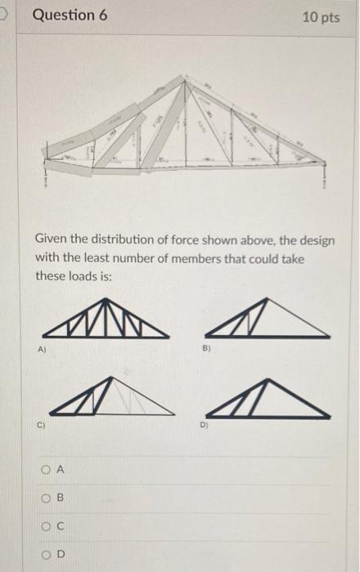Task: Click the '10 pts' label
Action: pos(320,17)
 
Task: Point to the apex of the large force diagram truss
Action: pos(187,78)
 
